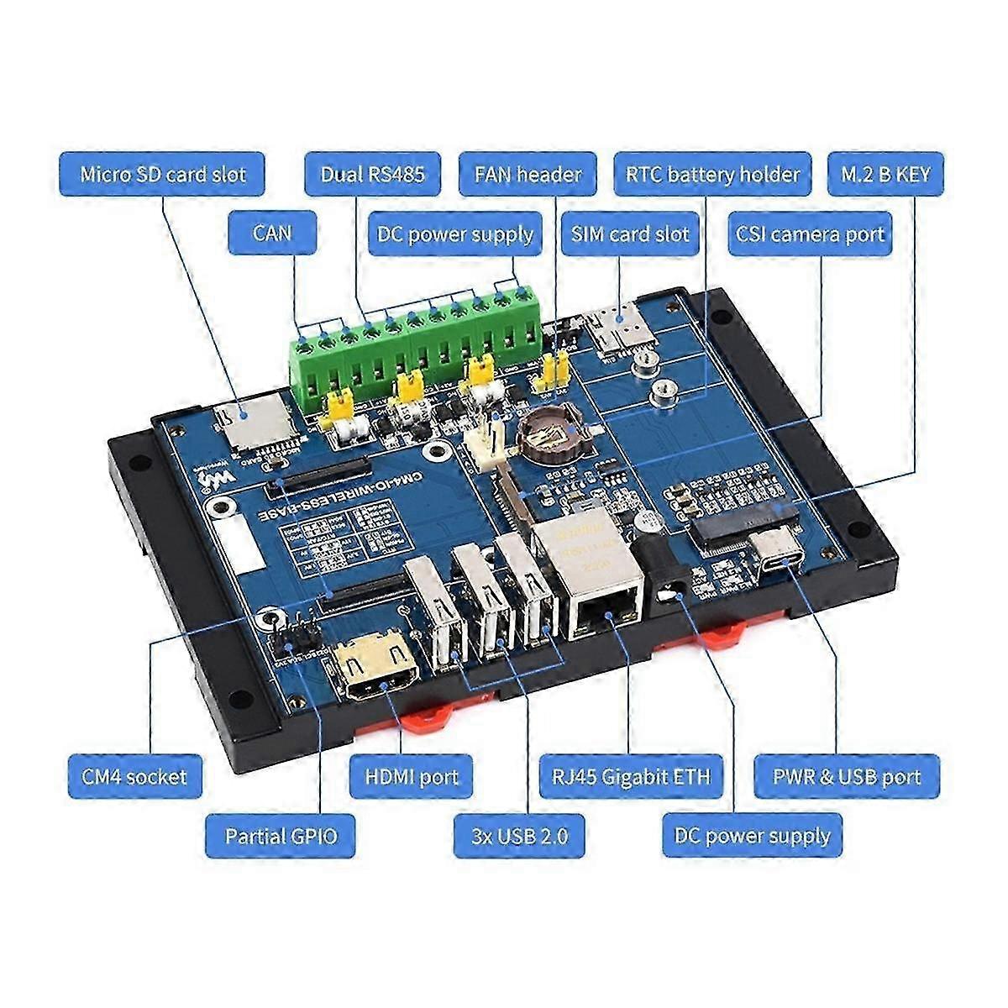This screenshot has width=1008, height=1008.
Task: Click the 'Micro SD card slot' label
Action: tap(162, 174)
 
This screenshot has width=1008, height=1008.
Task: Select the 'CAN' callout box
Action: tap(272, 232)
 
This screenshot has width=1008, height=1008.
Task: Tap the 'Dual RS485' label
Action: tap(372, 174)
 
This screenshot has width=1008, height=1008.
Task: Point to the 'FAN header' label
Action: tap(528, 174)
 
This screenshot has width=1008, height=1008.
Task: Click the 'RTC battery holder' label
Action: tap(712, 174)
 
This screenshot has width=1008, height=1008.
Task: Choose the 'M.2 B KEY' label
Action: tap(885, 174)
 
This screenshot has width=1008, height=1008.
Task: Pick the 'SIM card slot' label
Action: tap(630, 234)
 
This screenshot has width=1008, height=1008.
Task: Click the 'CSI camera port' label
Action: tap(810, 234)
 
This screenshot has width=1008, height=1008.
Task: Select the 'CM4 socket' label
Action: tap(134, 775)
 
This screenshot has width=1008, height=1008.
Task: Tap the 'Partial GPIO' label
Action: tap(281, 836)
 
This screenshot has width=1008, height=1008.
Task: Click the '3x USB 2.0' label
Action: tap(520, 836)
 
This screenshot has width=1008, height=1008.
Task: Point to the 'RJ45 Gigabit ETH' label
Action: tap(630, 775)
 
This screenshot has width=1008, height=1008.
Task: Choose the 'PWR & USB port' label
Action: tap(847, 775)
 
